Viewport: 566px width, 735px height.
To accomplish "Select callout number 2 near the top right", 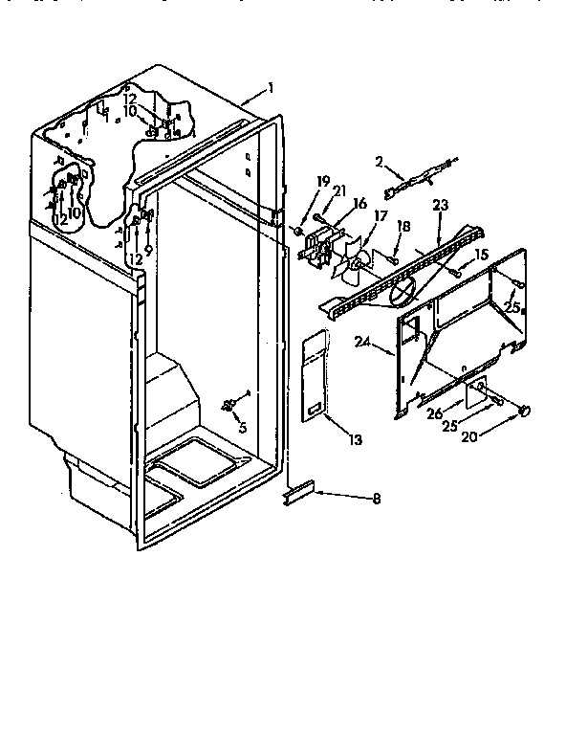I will tap(380, 162).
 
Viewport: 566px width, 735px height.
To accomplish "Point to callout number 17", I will tap(381, 215).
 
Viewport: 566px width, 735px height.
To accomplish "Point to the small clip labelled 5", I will tap(229, 406).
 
